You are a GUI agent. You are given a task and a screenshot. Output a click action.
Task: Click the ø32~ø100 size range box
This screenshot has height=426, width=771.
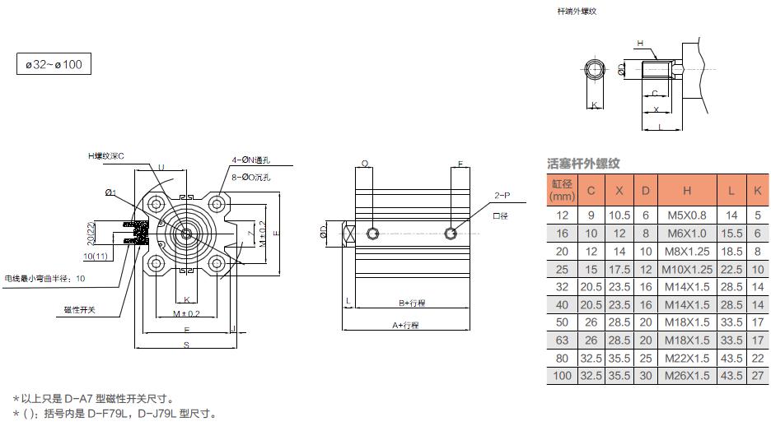coord(54,64)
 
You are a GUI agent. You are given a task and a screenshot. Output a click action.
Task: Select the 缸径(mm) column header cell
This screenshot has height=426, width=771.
coord(562,191)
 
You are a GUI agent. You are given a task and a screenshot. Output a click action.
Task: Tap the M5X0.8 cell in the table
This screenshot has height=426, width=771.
coord(687,215)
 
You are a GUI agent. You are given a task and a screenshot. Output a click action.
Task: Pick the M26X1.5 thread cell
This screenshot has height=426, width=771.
coord(687,376)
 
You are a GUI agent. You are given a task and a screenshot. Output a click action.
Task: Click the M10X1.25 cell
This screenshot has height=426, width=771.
coord(687,269)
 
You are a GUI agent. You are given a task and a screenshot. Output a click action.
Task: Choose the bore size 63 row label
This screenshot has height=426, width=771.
coord(562,340)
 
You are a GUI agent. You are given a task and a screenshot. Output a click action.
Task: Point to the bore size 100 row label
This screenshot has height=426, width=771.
coord(562,376)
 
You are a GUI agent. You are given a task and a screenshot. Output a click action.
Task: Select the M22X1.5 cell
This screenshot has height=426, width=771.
coord(687,359)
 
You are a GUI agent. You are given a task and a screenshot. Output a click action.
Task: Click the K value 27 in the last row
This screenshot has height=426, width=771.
coord(758,376)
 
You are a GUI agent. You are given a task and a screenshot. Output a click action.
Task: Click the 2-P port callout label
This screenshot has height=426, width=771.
coord(502,196)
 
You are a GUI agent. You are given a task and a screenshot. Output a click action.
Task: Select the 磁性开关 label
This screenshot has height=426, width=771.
coord(80,309)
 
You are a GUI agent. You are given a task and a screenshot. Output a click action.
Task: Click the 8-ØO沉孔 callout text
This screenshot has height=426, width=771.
coord(250,176)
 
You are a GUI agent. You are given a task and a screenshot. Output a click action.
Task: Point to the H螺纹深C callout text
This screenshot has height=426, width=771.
coord(106,155)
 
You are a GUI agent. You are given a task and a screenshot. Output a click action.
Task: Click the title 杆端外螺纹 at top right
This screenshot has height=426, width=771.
coord(577,12)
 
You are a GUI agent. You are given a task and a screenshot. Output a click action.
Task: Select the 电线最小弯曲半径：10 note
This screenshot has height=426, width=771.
coord(45,279)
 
